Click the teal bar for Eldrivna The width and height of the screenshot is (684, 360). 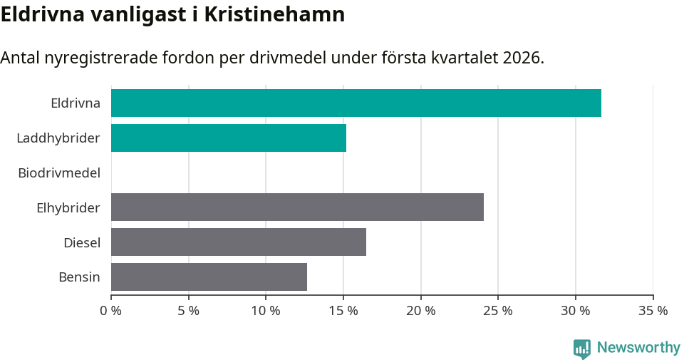click(x=356, y=103)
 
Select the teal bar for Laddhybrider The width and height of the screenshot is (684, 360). click(x=229, y=138)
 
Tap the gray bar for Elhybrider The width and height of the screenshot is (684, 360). click(x=297, y=207)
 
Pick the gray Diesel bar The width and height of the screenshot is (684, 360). click(x=239, y=242)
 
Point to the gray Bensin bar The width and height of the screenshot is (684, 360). click(x=209, y=277)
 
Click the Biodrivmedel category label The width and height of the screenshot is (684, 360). click(x=59, y=173)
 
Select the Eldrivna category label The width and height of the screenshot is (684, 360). click(x=76, y=103)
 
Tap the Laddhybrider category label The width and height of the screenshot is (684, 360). click(x=58, y=138)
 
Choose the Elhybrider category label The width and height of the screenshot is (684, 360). click(x=68, y=207)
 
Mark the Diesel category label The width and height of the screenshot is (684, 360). click(x=82, y=242)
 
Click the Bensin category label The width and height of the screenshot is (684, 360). click(x=79, y=277)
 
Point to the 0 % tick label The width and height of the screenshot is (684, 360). click(x=111, y=311)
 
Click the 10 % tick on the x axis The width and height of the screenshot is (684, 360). click(x=266, y=311)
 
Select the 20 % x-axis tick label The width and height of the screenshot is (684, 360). click(x=421, y=311)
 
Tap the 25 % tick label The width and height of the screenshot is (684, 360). click(x=498, y=311)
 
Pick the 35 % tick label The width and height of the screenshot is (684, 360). click(x=653, y=311)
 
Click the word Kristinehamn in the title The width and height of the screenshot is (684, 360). click(x=274, y=14)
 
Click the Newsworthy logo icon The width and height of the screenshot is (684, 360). click(x=582, y=348)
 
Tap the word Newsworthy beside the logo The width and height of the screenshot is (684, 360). click(x=638, y=348)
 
